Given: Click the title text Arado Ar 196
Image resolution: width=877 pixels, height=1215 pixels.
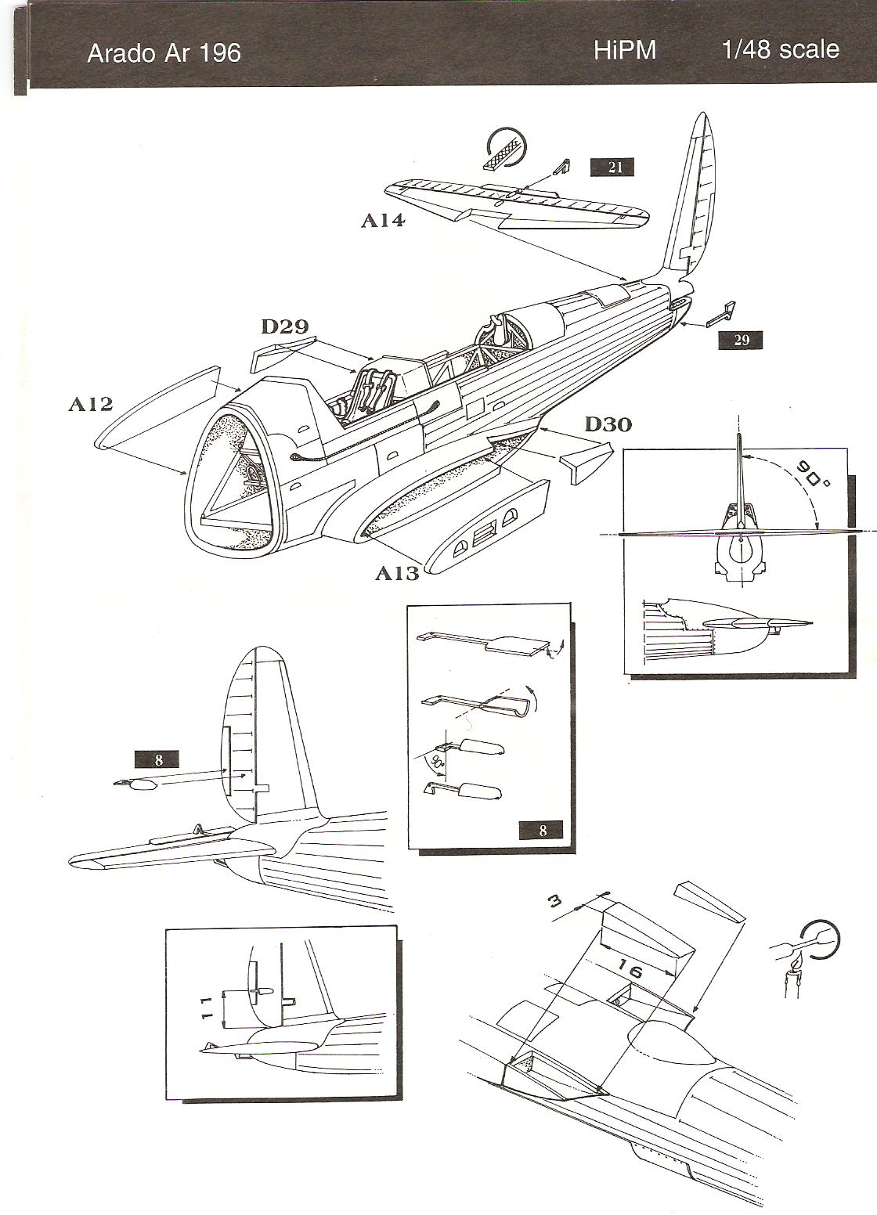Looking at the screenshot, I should coord(164,53).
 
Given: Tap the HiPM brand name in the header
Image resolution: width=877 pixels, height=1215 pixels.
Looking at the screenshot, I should coord(624,50).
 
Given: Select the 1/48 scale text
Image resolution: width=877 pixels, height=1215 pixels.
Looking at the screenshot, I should coord(780,49).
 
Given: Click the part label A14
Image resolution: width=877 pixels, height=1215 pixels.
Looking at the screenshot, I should coord(383,221).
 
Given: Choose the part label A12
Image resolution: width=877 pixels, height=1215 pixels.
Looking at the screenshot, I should coord(90,404).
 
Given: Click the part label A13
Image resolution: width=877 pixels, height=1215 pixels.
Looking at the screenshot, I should coord(397,573).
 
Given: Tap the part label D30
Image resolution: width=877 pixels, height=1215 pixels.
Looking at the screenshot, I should coord(608,424).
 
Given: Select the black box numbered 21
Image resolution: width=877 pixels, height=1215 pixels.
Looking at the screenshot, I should coord(615,167).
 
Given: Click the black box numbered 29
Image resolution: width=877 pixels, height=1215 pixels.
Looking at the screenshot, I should coord(741,341).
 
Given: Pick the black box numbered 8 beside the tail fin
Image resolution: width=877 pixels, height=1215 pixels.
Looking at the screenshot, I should coord(157,759).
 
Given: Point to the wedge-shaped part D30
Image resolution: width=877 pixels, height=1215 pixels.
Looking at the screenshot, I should coord(583,461).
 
